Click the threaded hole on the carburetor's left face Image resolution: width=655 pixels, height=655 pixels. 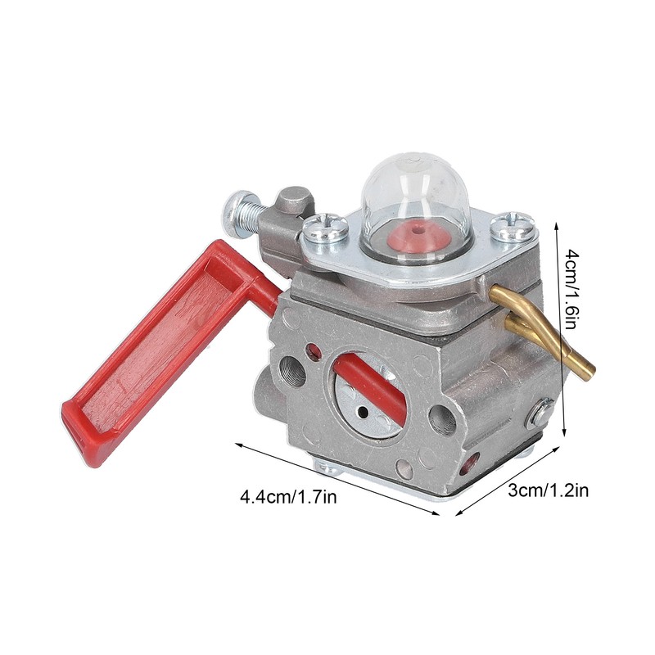(x=292, y=373)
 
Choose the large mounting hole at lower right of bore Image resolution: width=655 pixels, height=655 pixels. (x=442, y=420)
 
